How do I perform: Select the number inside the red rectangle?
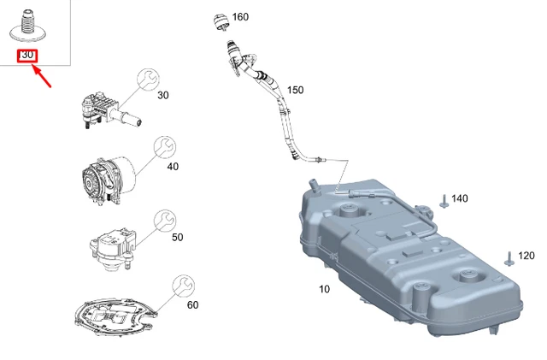pos(27,56)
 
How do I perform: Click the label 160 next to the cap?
pos(240,17)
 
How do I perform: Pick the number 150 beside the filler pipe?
pos(295,90)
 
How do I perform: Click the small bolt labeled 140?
pos(444,201)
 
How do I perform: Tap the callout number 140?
pos(460,198)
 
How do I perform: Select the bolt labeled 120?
pos(509,257)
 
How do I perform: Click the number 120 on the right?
pos(526,256)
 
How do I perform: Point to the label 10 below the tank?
pos(324,289)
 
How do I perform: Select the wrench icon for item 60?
pos(182,286)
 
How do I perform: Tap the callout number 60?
pos(192,305)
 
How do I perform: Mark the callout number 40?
pos(173,166)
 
